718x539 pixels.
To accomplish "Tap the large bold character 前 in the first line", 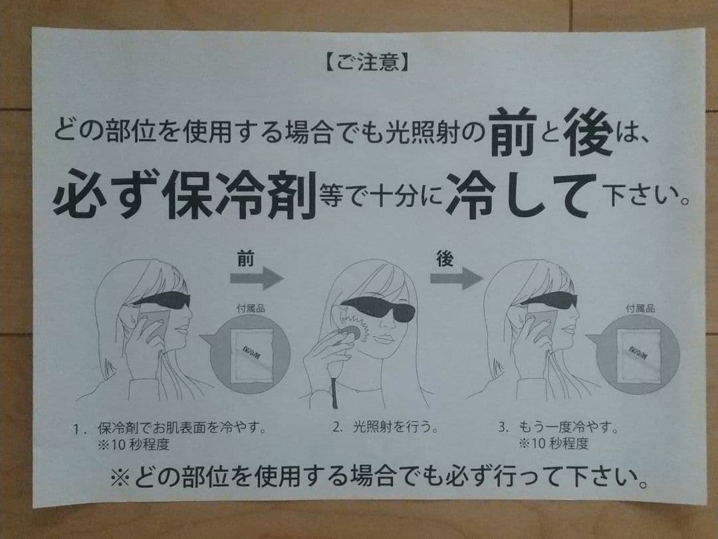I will (x=513, y=131).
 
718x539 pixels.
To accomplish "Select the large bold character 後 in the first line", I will (x=587, y=132).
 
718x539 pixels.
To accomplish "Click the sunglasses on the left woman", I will (x=162, y=301).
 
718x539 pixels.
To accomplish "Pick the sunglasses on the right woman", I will (x=549, y=301).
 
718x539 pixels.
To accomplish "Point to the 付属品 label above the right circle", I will (x=640, y=308).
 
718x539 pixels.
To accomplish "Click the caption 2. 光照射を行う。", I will (x=386, y=428).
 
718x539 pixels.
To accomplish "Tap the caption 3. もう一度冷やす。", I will (x=558, y=428).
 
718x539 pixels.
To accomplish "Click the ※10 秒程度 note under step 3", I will (x=553, y=443).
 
